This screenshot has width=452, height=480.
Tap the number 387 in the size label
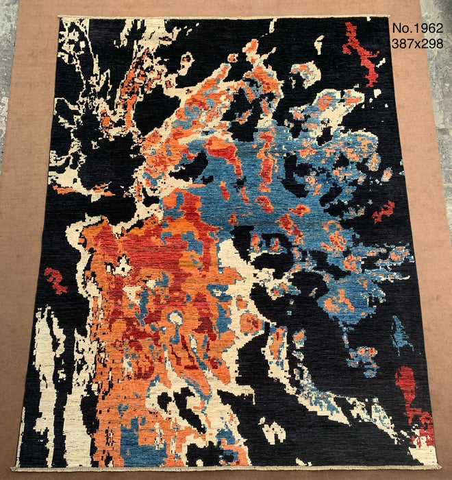coord(401,43)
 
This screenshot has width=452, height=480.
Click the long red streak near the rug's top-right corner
coord(361,51)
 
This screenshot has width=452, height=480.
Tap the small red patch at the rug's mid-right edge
coord(384,212)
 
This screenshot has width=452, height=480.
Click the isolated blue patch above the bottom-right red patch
coord(401,334)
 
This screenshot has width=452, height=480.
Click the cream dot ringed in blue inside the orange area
coord(176,317)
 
